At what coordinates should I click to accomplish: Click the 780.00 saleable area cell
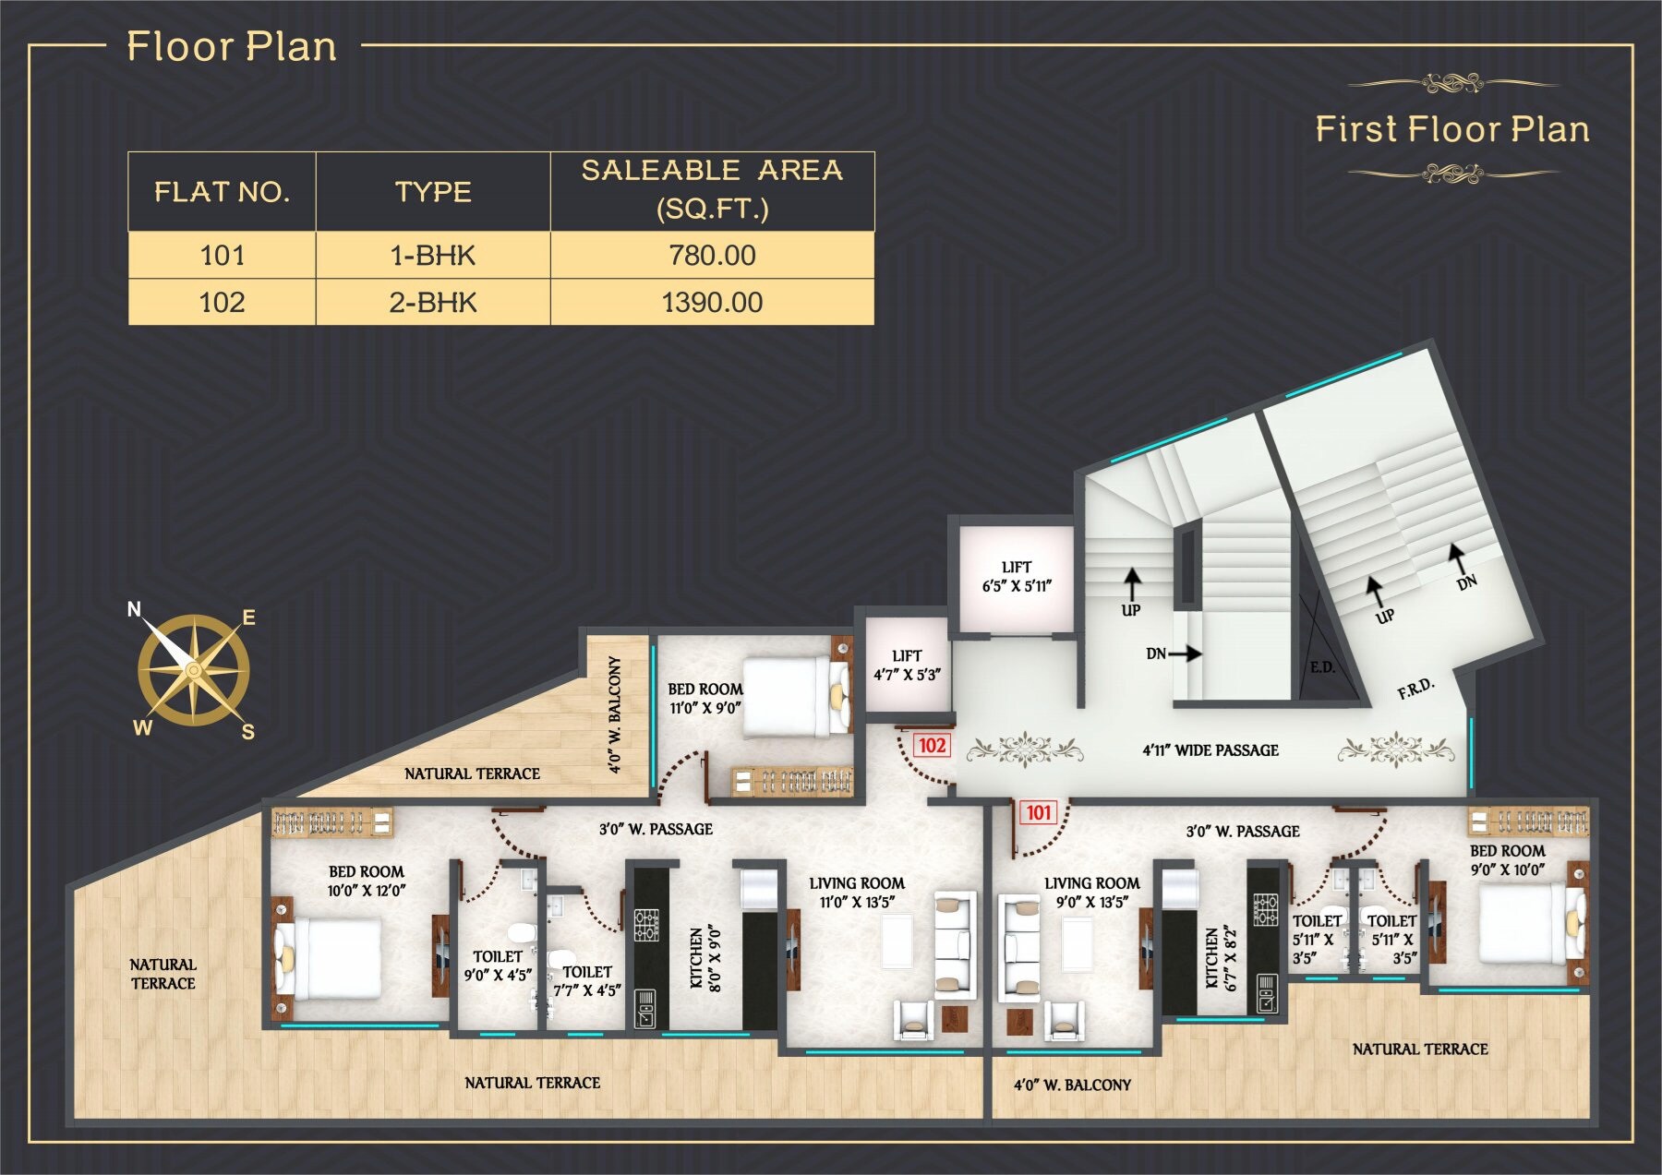click(712, 255)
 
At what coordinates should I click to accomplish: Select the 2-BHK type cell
click(433, 302)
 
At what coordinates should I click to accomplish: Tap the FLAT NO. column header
click(222, 192)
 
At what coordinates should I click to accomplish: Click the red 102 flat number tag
click(932, 746)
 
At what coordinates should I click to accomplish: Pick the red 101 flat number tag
click(1039, 812)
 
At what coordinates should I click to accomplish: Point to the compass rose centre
click(193, 669)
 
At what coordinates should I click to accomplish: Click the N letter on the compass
click(134, 609)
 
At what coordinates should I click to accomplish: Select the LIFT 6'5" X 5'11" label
click(1017, 576)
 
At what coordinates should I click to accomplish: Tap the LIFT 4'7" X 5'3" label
click(907, 665)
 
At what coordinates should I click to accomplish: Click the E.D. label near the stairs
click(1322, 666)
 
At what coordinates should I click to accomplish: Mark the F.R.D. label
click(1415, 688)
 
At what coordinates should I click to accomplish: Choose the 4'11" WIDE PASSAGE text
click(1210, 750)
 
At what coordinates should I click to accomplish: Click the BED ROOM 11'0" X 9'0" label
click(705, 699)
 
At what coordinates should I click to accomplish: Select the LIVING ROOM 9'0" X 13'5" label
click(1091, 893)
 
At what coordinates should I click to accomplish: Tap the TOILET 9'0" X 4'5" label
click(498, 965)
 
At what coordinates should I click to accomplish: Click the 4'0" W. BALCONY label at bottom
click(1072, 1085)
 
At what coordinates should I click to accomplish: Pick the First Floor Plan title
click(1452, 129)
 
